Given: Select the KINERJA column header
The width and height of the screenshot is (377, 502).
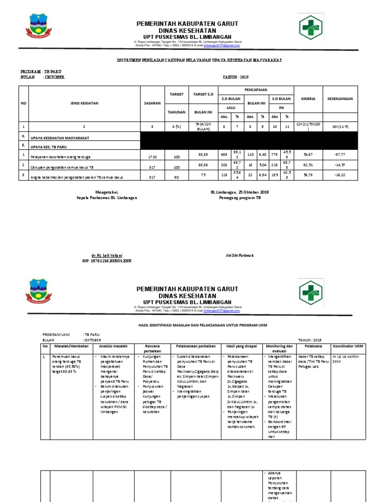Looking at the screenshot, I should coord(308,99).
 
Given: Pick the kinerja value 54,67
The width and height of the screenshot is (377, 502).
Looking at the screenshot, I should coord(308,155).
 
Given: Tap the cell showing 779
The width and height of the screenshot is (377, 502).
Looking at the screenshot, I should coord(275,155).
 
